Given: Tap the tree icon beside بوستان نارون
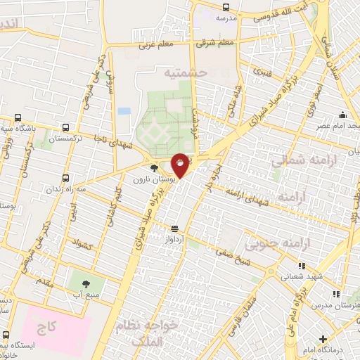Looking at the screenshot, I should point(155,168).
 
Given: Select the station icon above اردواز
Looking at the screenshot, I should point(174,228).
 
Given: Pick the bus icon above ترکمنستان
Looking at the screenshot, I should point(66,127).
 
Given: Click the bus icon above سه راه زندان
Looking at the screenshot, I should point(66,178).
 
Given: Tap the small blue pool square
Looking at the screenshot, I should point(124,111).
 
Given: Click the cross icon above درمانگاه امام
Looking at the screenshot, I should point(323,339).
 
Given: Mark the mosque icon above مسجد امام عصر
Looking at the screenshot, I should point(342,115).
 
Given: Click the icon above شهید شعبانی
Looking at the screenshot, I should point(301,266).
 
